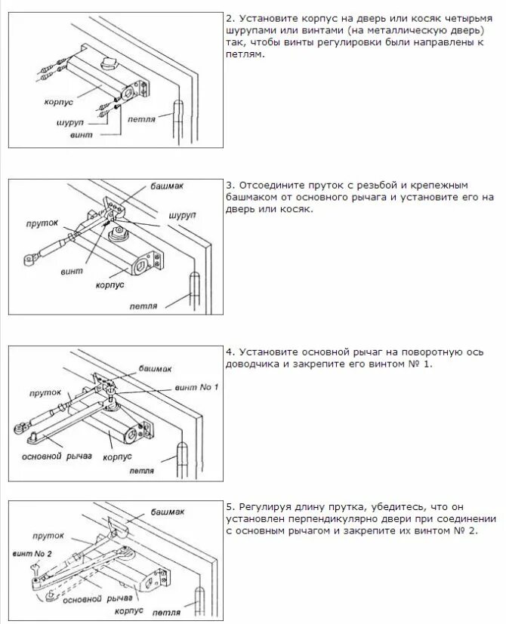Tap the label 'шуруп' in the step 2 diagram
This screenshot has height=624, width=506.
pos(69,121)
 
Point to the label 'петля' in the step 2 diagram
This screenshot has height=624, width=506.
pos(142,119)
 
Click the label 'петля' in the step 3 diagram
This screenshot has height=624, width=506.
pos(143,306)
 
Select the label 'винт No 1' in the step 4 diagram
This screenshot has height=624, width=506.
pos(196,387)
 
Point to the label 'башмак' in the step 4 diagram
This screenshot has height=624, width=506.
pos(155,369)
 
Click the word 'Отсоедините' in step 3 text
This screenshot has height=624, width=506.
pos(272,184)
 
